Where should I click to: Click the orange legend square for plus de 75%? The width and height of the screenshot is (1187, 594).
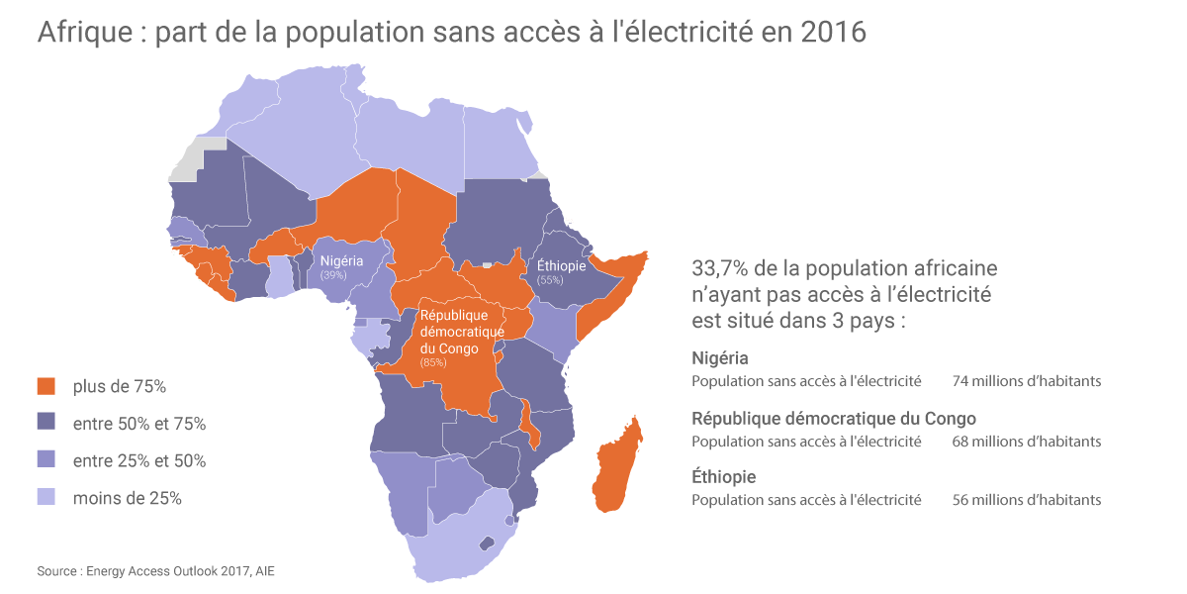click(46, 386)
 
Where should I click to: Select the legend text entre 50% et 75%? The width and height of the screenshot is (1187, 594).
click(139, 424)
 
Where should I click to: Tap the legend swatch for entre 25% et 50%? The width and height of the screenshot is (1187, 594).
click(46, 460)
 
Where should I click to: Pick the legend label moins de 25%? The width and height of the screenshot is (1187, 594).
click(128, 498)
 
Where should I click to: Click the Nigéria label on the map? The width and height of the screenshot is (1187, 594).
click(341, 260)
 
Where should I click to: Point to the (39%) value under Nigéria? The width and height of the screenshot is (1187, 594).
click(333, 274)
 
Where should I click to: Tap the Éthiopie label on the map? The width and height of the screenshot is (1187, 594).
click(562, 266)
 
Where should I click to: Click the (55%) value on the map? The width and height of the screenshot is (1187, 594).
click(550, 280)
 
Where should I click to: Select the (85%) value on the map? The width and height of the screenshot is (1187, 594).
click(433, 362)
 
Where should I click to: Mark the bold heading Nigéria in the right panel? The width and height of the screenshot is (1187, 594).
click(720, 358)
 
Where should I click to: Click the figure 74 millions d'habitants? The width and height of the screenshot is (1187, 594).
click(1027, 381)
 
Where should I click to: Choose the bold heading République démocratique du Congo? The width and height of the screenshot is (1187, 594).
click(834, 418)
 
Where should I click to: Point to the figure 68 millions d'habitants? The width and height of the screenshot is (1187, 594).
click(1027, 442)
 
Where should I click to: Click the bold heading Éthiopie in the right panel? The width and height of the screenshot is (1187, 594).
click(724, 477)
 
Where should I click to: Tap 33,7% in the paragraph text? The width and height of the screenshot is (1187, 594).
click(720, 269)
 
